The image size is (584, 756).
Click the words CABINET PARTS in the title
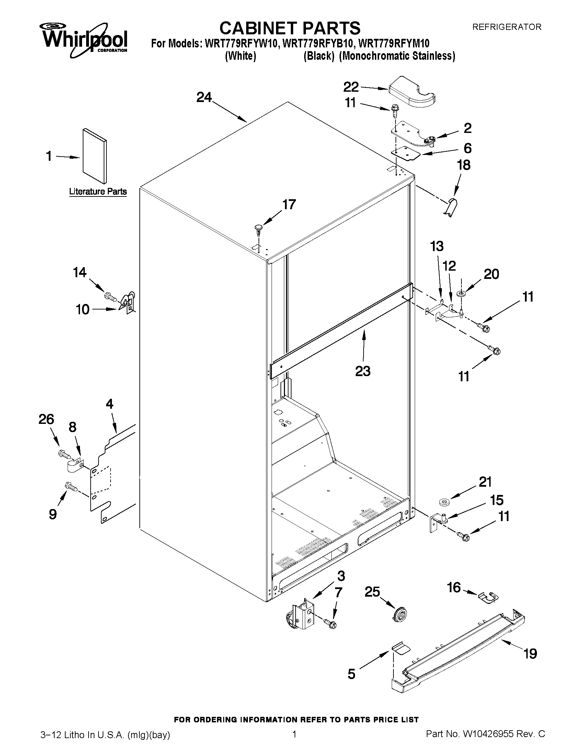(x=290, y=28)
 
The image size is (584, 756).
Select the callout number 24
(x=204, y=98)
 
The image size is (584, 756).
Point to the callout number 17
(x=289, y=205)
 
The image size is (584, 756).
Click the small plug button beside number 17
(x=259, y=228)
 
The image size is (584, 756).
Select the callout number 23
(x=363, y=371)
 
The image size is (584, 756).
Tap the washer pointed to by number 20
(x=461, y=294)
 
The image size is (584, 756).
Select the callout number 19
(x=530, y=654)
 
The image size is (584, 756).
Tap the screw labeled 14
(x=109, y=296)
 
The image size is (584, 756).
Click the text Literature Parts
(x=98, y=191)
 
